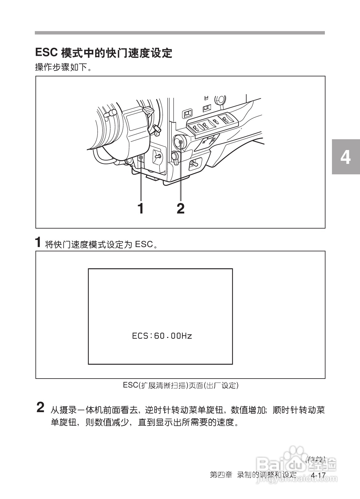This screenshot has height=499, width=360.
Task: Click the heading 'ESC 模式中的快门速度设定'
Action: [x=104, y=53]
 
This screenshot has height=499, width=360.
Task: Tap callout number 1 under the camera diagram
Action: [x=141, y=209]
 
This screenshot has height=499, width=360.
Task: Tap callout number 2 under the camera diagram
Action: [x=181, y=209]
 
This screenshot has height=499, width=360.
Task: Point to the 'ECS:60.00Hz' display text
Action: [x=162, y=336]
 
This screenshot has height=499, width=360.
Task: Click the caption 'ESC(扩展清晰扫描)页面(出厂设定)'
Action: [x=181, y=385]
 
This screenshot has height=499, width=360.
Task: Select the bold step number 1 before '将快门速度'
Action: [x=38, y=242]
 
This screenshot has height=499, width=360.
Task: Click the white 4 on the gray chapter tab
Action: [x=346, y=157]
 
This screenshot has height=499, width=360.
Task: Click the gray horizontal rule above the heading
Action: [x=180, y=33]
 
